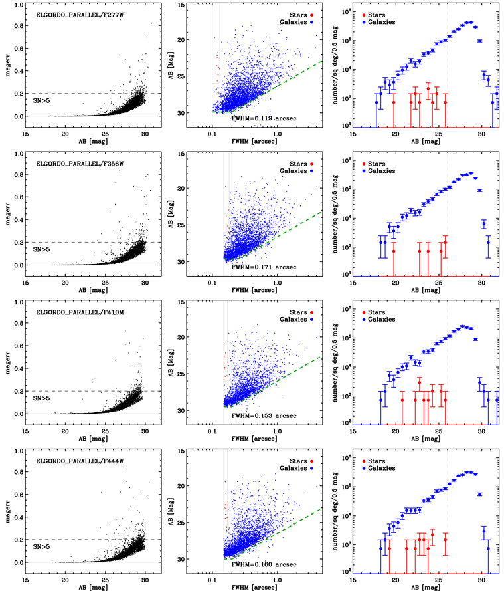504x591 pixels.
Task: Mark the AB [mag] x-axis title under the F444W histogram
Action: [x=426, y=584]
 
